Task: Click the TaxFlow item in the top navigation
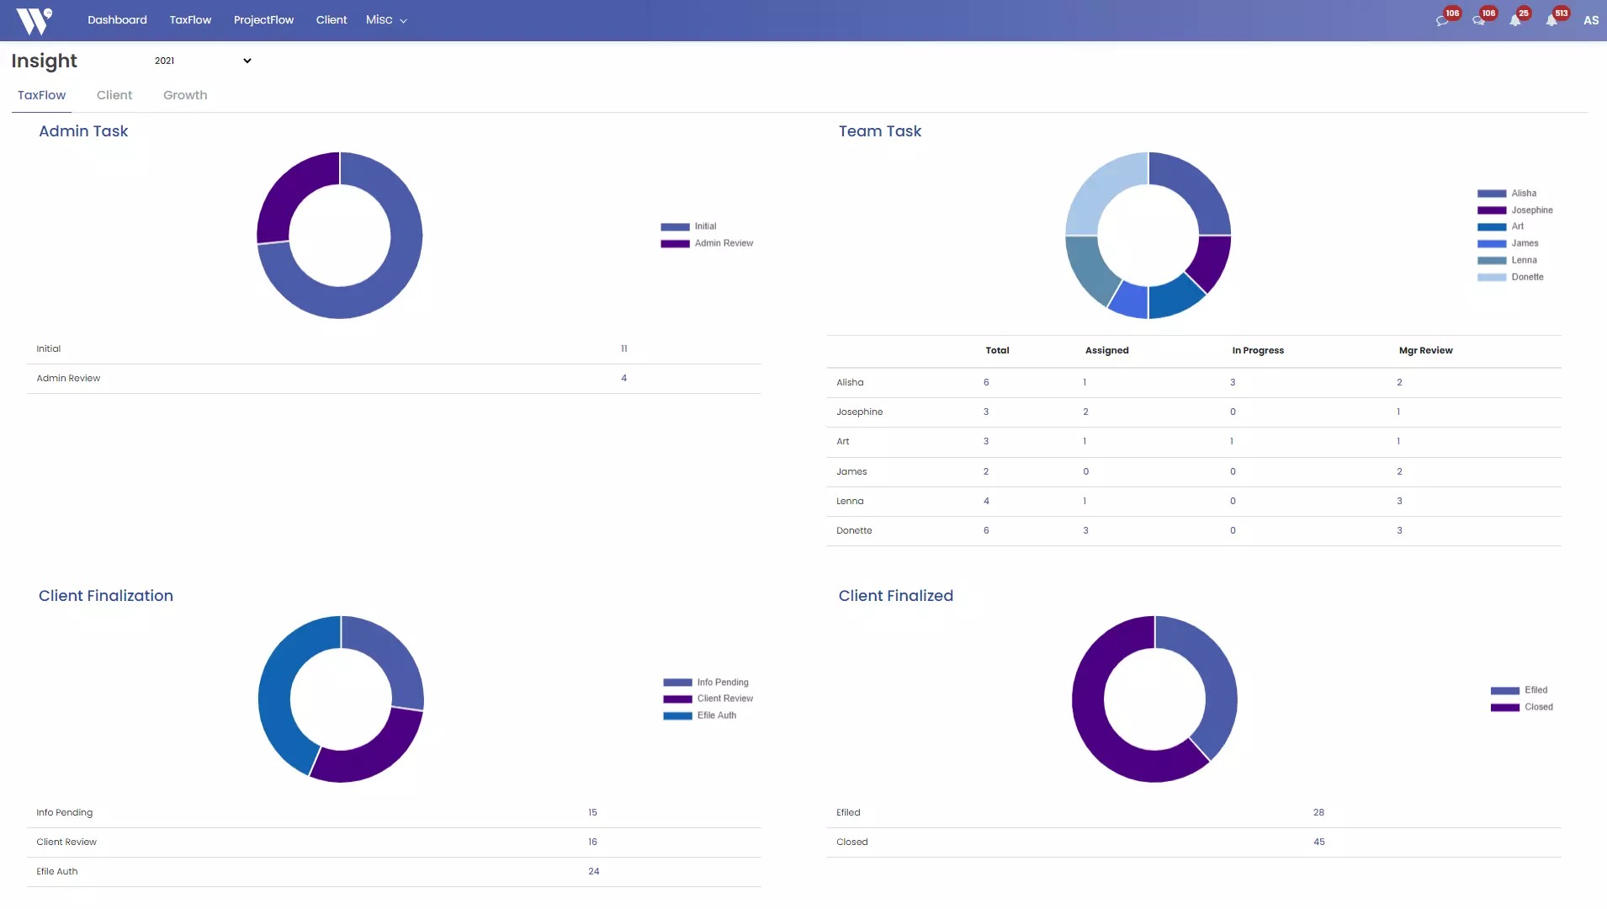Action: click(190, 20)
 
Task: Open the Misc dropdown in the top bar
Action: click(385, 20)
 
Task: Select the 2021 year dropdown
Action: click(202, 61)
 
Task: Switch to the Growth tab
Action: click(185, 95)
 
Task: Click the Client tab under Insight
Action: click(114, 95)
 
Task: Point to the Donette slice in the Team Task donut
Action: click(1101, 189)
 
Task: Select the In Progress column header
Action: click(1258, 351)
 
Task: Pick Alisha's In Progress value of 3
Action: click(1233, 383)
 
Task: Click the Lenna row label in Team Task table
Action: click(850, 502)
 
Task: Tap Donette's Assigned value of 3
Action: click(1085, 531)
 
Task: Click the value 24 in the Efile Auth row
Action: click(594, 872)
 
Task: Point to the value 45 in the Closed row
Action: click(1319, 843)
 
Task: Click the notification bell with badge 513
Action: click(1552, 20)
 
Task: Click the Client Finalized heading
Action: click(895, 596)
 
